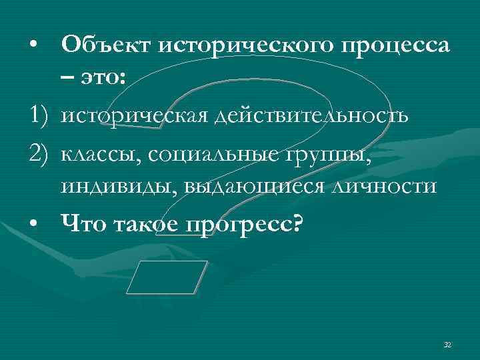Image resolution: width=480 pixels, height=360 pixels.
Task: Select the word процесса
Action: pyautogui.click(x=396, y=46)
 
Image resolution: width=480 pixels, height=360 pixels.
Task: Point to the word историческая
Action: pyautogui.click(x=133, y=116)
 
